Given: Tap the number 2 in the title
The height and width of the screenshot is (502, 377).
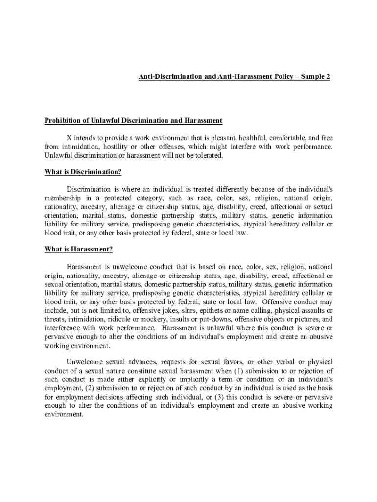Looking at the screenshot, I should pyautogui.click(x=328, y=77).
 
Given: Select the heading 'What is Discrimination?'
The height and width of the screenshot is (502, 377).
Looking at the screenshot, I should pyautogui.click(x=83, y=172).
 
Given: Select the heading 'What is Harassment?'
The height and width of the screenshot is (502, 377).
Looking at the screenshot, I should pyautogui.click(x=78, y=250).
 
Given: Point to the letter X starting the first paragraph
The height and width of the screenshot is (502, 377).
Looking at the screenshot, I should pyautogui.click(x=69, y=138).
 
